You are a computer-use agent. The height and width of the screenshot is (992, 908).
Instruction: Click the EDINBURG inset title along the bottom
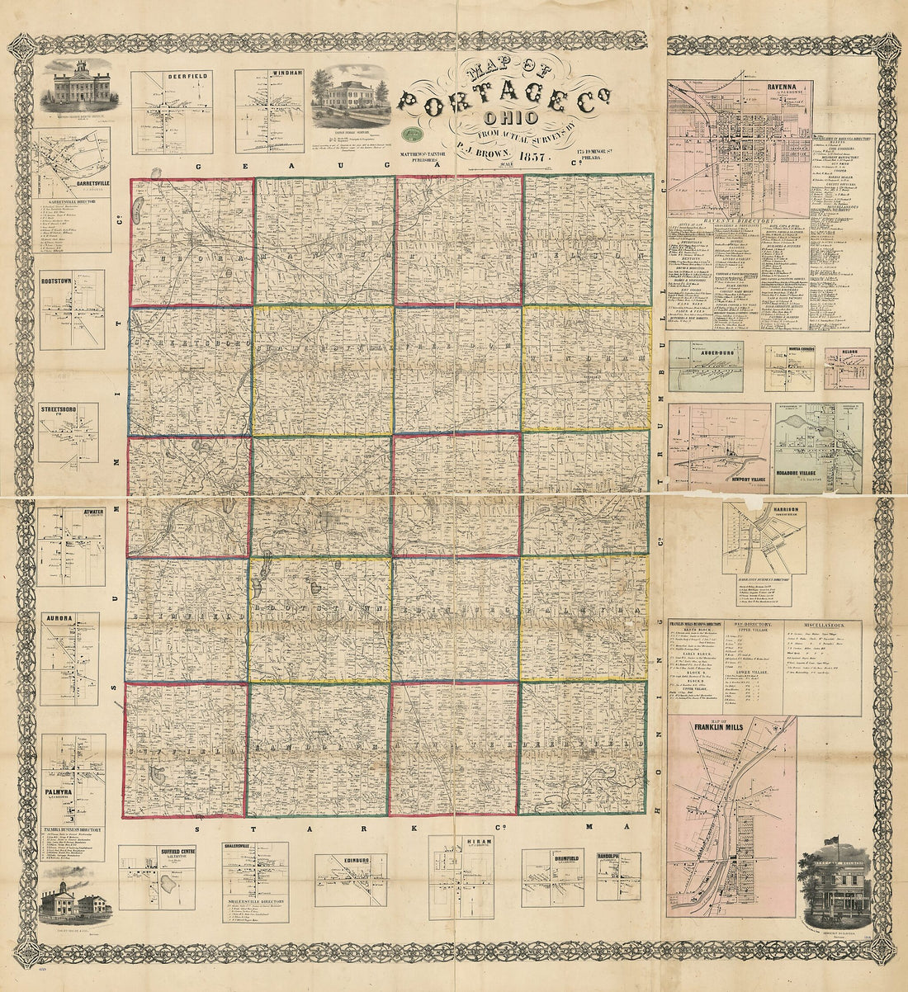point(350,860)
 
